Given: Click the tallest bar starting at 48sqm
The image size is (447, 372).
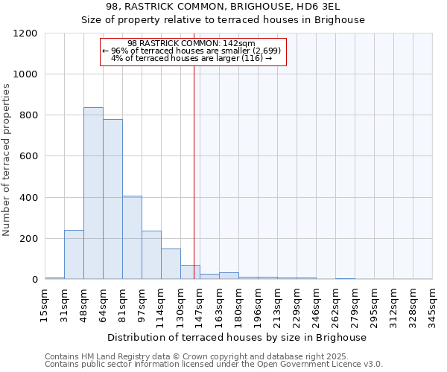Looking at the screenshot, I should click(93, 193).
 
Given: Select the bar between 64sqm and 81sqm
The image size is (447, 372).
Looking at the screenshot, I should click(112, 199).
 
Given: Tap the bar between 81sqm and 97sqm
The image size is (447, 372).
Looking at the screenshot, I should click(132, 237).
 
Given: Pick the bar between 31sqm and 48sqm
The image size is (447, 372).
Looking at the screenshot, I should click(74, 254).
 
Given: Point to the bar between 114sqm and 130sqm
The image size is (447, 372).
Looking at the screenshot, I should click(171, 264).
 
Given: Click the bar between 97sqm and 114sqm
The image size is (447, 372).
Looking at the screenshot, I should click(151, 255).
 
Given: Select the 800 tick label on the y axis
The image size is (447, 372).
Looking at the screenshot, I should click(28, 115).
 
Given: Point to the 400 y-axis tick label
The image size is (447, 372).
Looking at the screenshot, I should click(28, 198).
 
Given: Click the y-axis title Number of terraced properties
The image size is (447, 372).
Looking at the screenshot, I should click(7, 160).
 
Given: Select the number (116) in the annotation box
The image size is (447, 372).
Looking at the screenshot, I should click(251, 59).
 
